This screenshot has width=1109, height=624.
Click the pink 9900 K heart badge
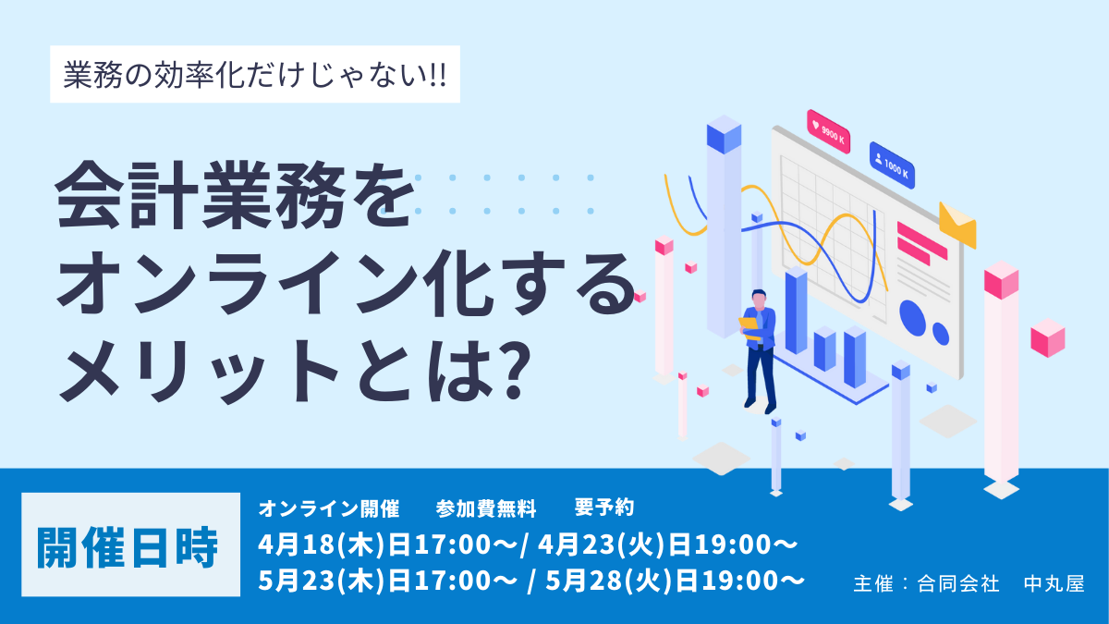[x=828, y=131]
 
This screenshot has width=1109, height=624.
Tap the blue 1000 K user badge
[x=892, y=165]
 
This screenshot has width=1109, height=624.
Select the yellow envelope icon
[x=957, y=225]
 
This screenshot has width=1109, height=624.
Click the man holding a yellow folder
[x=759, y=351]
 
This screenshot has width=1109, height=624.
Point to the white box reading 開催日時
[x=130, y=544]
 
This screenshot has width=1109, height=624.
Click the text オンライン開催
[x=329, y=508]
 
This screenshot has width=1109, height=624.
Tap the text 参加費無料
[x=486, y=508]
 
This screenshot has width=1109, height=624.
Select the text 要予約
[x=604, y=508]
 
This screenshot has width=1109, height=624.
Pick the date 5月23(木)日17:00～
[x=387, y=581]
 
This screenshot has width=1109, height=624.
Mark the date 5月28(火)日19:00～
[x=676, y=581]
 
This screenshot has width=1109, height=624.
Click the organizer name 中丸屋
[x=1054, y=584]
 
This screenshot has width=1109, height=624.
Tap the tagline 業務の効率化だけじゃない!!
[x=255, y=75]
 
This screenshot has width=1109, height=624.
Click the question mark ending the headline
[x=509, y=370]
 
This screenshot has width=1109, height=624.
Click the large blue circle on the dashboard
[x=912, y=318]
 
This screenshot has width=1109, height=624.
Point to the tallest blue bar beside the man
[x=796, y=310]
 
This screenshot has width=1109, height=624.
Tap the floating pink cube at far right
[x=1048, y=337]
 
